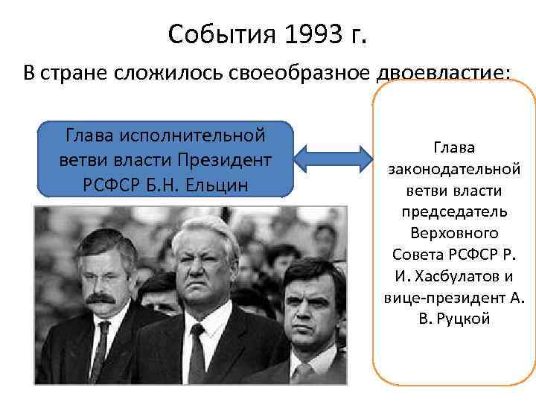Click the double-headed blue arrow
tap(333, 158)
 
